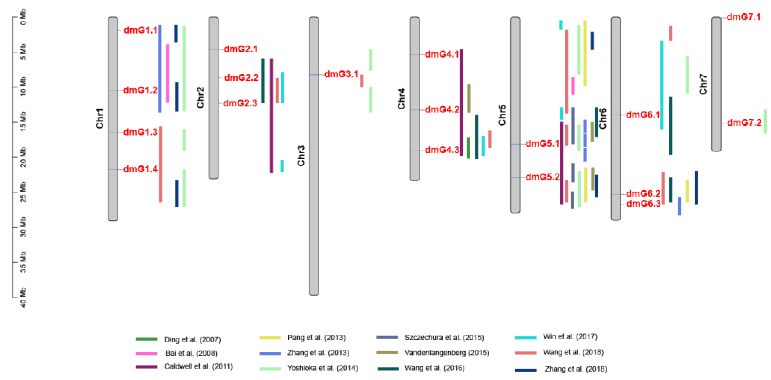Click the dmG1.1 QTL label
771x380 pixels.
tap(140, 30)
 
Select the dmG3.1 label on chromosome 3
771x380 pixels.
tap(341, 74)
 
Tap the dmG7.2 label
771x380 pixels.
tap(744, 123)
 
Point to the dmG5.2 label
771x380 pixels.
tap(542, 177)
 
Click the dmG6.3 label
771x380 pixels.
tap(643, 204)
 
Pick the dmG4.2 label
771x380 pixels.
tap(442, 109)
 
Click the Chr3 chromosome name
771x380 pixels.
tap(301, 155)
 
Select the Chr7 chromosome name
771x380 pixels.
tap(703, 84)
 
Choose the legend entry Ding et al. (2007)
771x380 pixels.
tap(192, 340)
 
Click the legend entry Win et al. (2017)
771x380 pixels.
tap(570, 337)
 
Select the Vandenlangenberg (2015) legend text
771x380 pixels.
tap(447, 353)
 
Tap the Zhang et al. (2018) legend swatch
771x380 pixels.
tap(526, 370)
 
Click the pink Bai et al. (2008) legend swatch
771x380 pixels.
tap(146, 353)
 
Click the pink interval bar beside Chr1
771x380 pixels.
tap(168, 73)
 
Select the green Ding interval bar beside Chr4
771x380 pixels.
tap(469, 148)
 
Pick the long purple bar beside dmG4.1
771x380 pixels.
tap(461, 103)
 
